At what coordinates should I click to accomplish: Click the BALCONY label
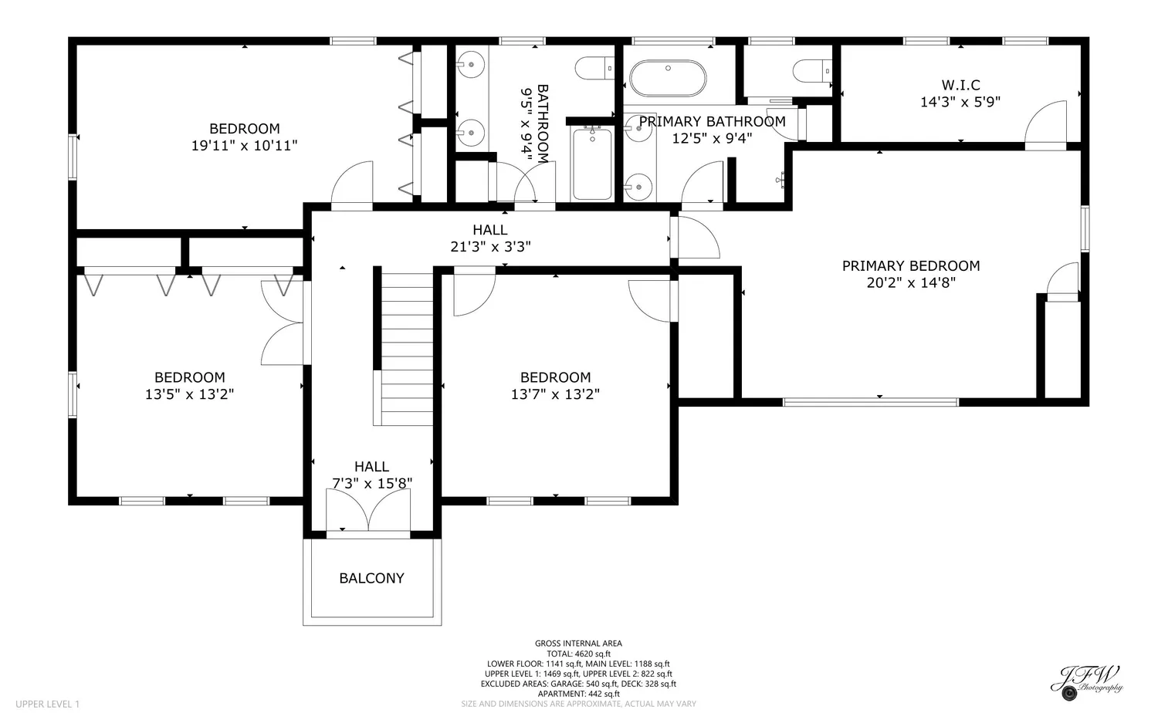tap(371, 578)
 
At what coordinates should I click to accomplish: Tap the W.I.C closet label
tap(960, 85)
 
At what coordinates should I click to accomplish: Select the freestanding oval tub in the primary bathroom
tap(668, 79)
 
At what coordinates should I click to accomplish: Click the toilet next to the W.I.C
tap(812, 71)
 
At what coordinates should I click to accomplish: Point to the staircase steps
tap(407, 349)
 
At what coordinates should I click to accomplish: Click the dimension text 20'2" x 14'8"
tap(911, 282)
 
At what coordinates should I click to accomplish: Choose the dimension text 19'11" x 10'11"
tap(245, 146)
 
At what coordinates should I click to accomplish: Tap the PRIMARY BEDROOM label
tap(911, 265)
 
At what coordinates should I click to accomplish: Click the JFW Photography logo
tap(1087, 682)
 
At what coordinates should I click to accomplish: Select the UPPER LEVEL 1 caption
tap(48, 704)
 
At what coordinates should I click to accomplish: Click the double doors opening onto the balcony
tap(368, 509)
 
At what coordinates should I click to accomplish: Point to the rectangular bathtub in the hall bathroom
tap(592, 164)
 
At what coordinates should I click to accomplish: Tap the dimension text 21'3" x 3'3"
tap(490, 247)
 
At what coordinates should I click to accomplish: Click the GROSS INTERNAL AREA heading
tap(578, 644)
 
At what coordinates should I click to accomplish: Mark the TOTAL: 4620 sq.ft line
tap(578, 654)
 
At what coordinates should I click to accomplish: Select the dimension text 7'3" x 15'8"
tap(371, 483)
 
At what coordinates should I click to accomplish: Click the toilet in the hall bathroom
tap(595, 68)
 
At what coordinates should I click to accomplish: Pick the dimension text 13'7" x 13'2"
tap(555, 394)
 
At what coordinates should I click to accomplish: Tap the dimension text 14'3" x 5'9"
tap(960, 102)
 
